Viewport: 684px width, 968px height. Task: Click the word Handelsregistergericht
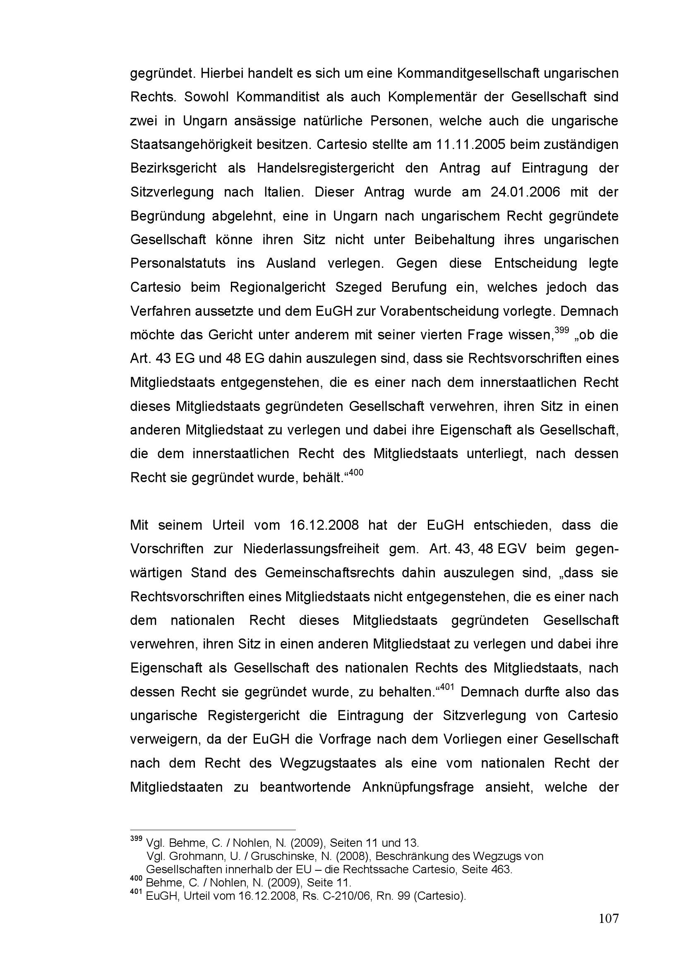tap(325, 168)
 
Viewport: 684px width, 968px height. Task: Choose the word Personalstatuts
tap(178, 264)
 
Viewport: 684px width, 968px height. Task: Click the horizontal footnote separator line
tap(213, 829)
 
